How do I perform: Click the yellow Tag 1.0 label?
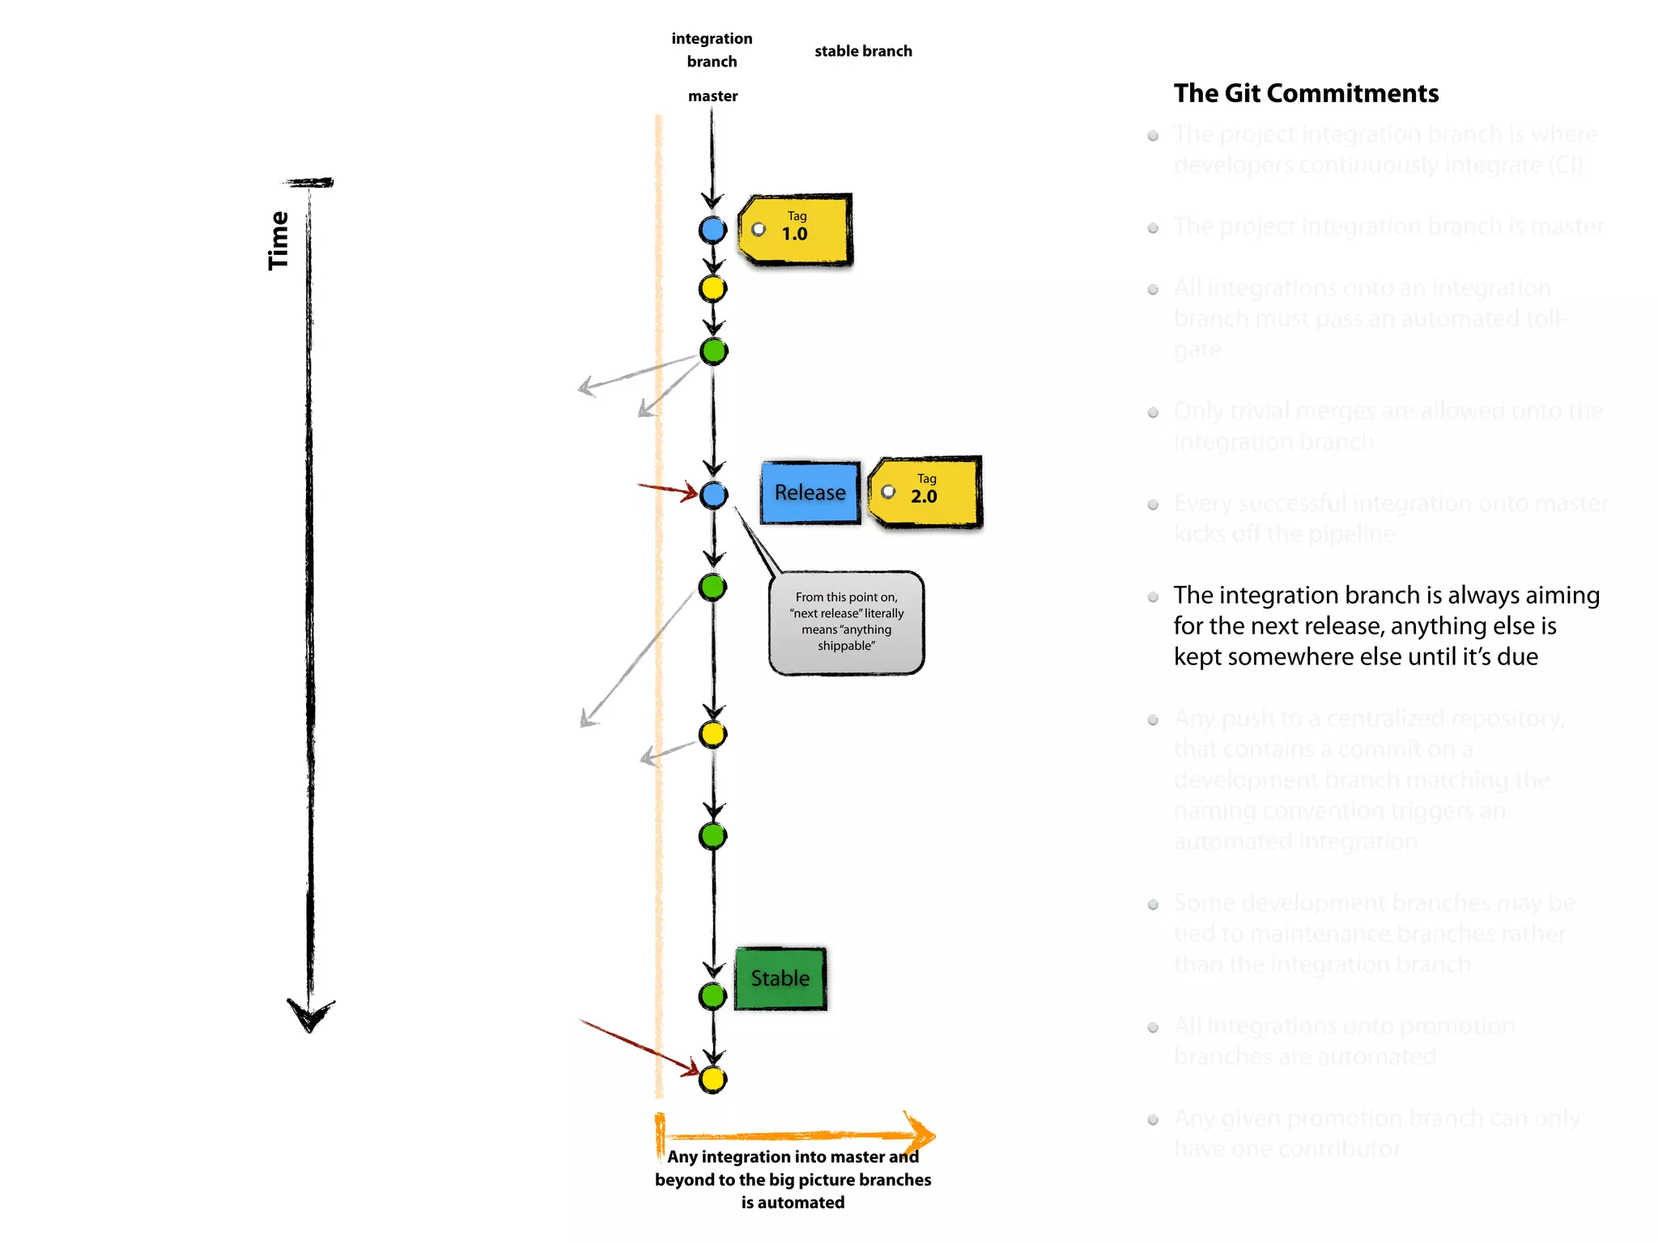796,230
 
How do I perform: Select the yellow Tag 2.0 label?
925,492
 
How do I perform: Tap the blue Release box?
810,493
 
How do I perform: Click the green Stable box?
780,978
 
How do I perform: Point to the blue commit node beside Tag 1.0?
712,230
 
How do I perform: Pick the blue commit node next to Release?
713,494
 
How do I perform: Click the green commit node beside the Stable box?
712,996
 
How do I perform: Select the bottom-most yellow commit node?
712,1080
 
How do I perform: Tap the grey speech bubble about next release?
846,622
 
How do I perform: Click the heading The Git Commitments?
1306,94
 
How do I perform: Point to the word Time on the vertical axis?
278,240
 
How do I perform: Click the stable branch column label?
863,51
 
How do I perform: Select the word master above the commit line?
712,96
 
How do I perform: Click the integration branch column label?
712,49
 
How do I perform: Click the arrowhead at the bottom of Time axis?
309,1016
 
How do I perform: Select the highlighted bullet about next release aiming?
1385,626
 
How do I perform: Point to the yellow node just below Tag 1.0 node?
712,289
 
